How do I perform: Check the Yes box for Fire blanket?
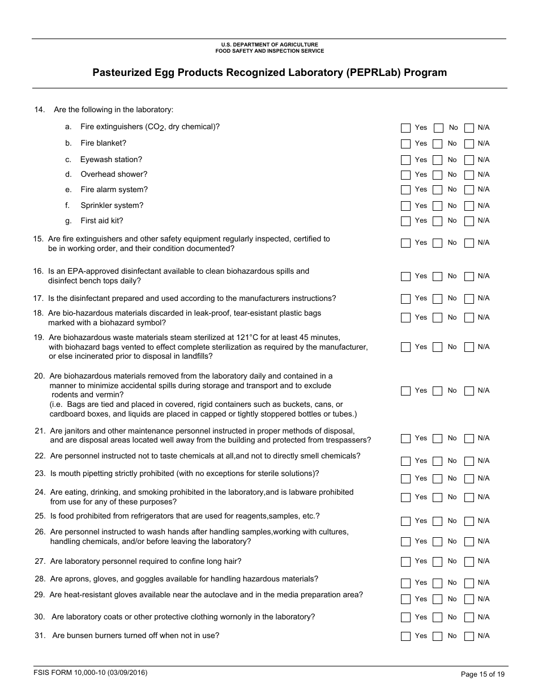(405, 144)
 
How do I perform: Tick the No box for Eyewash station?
(437, 160)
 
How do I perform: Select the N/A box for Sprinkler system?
(469, 206)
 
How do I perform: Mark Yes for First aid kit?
(405, 221)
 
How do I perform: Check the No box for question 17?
(437, 299)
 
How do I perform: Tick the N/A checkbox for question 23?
(469, 479)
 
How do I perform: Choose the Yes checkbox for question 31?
(405, 636)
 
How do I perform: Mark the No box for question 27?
(437, 562)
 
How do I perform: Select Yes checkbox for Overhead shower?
(405, 175)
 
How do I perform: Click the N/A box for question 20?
(469, 391)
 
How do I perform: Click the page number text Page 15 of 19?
(483, 674)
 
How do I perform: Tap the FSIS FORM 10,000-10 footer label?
(91, 673)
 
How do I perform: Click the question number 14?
(39, 110)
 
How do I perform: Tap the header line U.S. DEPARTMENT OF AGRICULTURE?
(270, 45)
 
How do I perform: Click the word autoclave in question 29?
(274, 595)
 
